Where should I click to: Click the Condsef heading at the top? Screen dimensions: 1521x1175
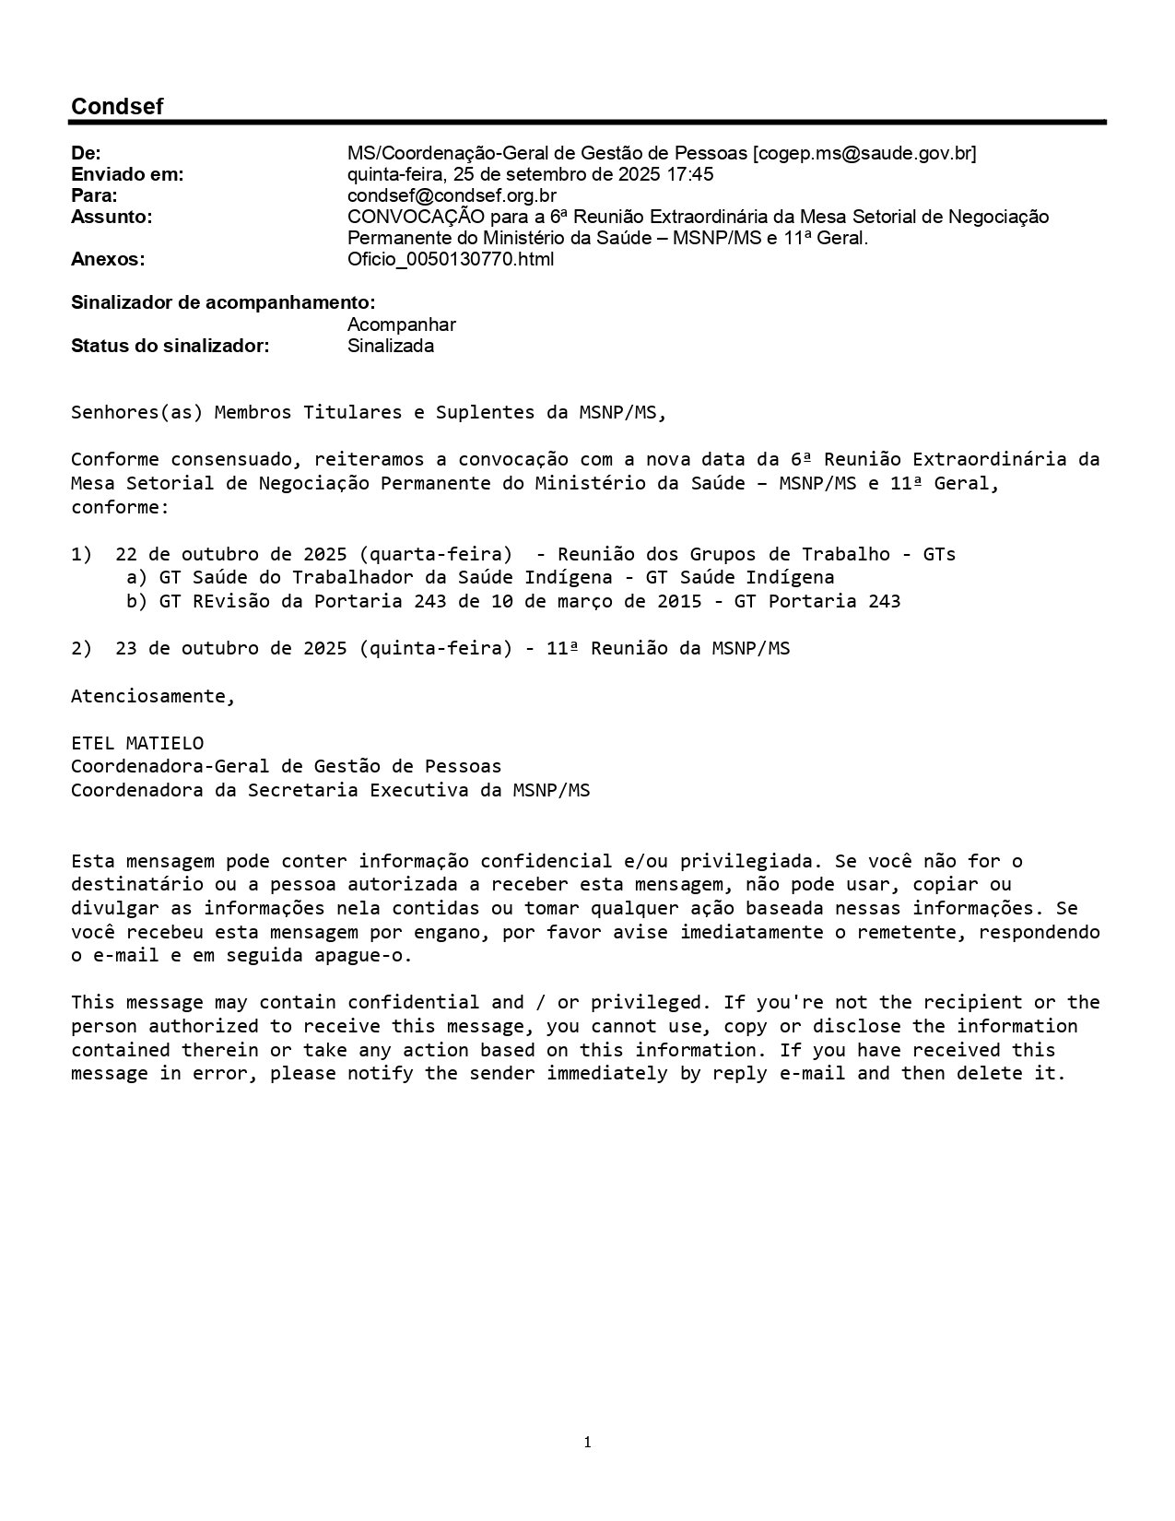point(117,107)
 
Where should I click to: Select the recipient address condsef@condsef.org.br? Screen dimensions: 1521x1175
point(452,195)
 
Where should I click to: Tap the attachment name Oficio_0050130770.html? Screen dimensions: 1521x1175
point(451,259)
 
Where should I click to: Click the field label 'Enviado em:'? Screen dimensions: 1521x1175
point(127,174)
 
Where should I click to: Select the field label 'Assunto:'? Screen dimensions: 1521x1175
point(112,217)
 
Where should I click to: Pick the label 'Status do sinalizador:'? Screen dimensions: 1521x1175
point(170,346)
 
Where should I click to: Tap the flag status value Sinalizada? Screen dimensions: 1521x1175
point(391,346)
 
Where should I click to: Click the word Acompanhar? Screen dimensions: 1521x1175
point(402,324)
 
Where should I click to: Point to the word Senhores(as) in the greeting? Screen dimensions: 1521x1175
point(136,412)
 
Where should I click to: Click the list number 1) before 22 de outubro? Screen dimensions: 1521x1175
point(81,554)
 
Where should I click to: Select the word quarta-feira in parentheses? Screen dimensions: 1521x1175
point(435,554)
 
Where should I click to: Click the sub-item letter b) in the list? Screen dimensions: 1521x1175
point(136,601)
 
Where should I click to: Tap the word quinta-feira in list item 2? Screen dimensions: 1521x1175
point(435,648)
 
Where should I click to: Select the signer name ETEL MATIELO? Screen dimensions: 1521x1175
point(137,743)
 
